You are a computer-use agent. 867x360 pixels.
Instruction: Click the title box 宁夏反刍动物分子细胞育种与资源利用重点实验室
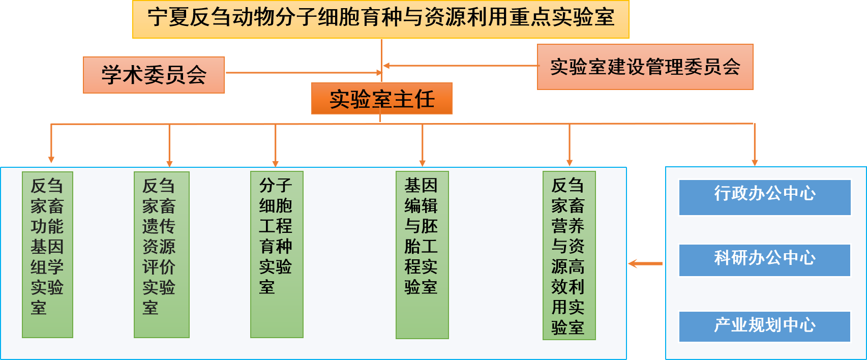[380, 19]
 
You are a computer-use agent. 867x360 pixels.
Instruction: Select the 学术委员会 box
[154, 75]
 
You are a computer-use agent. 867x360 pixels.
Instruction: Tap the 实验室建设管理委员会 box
[645, 67]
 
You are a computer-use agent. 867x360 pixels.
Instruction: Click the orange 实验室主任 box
[381, 99]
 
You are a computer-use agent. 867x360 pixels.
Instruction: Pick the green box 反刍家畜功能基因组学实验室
[47, 254]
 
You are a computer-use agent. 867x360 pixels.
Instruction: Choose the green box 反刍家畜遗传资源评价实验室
[161, 254]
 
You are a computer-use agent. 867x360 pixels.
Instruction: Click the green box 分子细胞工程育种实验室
[277, 254]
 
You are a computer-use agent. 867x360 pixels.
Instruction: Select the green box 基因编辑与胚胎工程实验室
[422, 254]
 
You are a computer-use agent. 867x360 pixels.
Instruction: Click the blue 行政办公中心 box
[764, 197]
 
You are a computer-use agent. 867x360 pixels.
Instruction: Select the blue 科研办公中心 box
[764, 260]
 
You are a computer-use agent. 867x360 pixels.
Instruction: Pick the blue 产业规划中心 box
[764, 326]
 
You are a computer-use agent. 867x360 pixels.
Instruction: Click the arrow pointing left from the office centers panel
[645, 263]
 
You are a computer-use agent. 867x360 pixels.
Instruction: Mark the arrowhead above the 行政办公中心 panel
[755, 162]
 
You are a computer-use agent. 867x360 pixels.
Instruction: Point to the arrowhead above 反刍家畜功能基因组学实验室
[51, 159]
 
